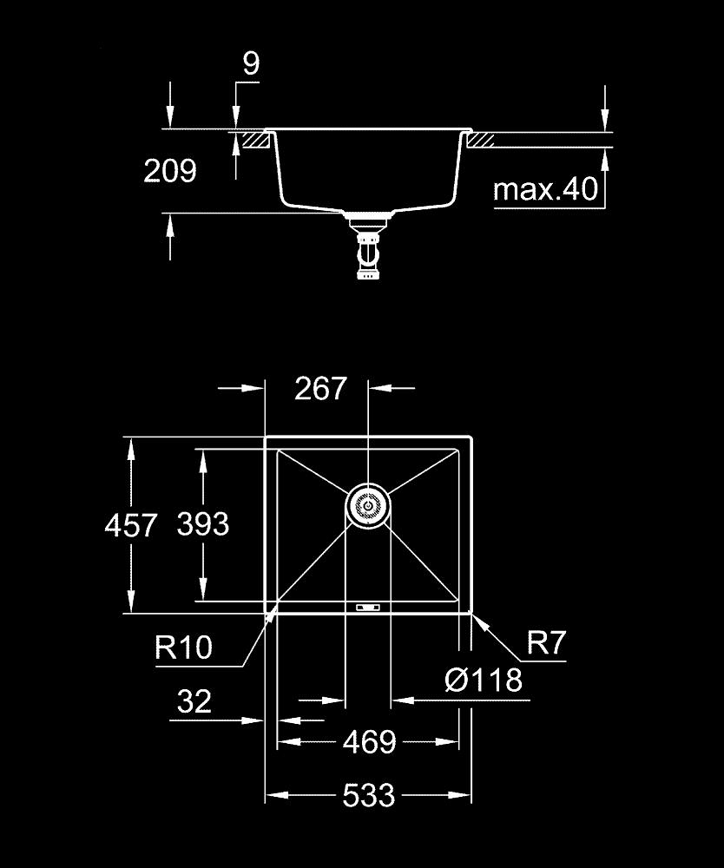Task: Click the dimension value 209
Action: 170,171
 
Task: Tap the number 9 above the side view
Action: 250,64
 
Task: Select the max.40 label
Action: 546,189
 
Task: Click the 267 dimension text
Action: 320,388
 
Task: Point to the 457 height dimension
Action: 130,525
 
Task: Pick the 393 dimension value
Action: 202,523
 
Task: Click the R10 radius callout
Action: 183,647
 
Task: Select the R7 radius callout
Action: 546,643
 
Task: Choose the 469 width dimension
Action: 369,742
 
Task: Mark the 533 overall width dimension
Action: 369,794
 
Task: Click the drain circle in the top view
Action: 368,505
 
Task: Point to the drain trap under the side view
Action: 367,253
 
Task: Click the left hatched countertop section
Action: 253,139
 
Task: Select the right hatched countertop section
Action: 482,139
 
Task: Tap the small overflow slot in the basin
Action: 368,607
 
